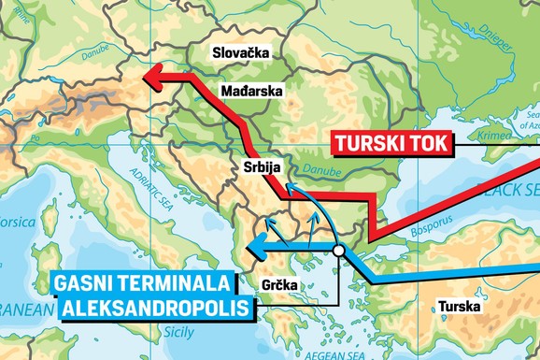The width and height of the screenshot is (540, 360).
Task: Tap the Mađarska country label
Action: (249, 92)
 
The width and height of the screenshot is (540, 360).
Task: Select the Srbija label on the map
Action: (256, 169)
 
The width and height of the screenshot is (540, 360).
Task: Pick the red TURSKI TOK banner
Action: (391, 144)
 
